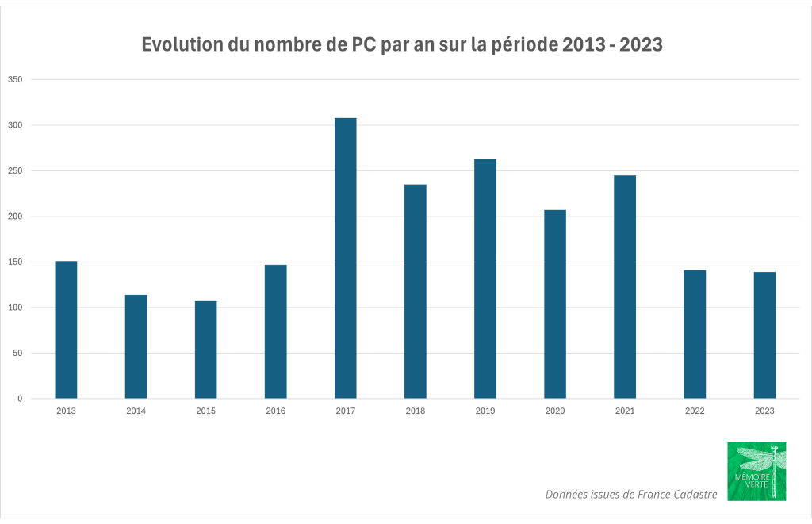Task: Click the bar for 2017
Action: [345, 258]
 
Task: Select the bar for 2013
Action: [66, 329]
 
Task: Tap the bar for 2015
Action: [205, 350]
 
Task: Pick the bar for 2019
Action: [485, 278]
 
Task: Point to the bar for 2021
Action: [625, 286]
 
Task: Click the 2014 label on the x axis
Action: [136, 411]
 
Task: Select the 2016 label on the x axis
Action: [275, 411]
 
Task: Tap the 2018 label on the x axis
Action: [415, 411]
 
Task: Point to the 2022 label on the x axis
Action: [695, 411]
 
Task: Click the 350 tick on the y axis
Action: [15, 80]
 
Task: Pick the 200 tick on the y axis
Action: [15, 216]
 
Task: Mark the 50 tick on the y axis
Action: [17, 354]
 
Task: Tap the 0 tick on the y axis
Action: [20, 399]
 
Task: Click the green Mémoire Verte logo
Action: [756, 471]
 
